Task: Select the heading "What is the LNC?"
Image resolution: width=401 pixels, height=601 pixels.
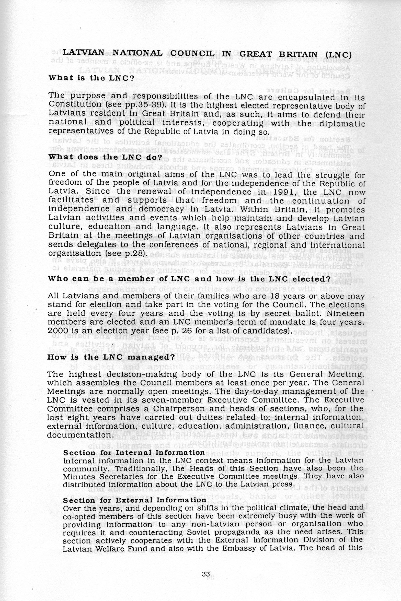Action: click(x=91, y=78)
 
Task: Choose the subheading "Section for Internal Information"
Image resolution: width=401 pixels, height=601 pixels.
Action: click(x=134, y=452)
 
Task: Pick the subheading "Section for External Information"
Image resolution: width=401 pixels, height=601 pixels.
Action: click(x=134, y=500)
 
